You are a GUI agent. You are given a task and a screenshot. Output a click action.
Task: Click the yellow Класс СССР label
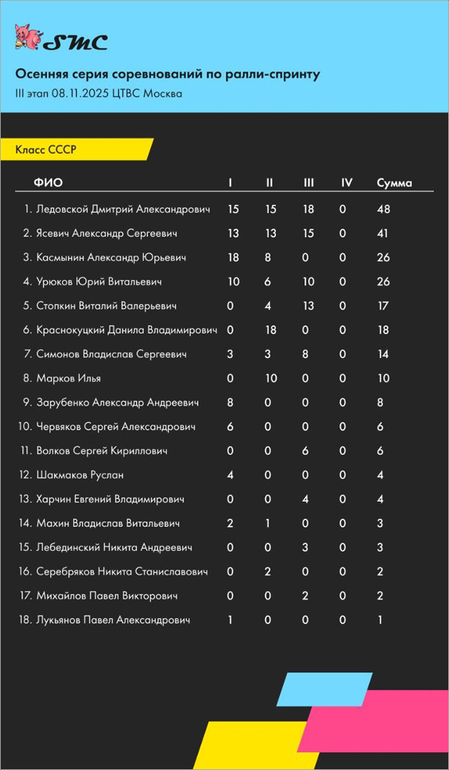(46, 149)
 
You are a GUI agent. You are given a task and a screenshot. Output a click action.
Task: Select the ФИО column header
(48, 183)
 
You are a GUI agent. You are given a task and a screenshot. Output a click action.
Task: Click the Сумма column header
(394, 183)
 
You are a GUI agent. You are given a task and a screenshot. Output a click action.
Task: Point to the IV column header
(347, 183)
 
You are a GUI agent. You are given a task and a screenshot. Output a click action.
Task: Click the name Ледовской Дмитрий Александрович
(123, 209)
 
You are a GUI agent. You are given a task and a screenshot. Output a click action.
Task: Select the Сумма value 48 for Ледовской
(384, 209)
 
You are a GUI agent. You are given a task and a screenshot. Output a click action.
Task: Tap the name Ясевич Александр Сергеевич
(107, 233)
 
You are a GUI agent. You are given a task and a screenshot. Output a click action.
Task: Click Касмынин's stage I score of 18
(233, 258)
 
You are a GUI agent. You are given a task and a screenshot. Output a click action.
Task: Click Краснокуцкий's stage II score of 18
(270, 330)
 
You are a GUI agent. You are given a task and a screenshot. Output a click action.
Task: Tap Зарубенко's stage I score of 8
(231, 403)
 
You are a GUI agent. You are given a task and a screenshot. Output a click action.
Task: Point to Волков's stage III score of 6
(305, 451)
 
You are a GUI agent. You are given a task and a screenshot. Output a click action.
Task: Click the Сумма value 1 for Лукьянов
(380, 621)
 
